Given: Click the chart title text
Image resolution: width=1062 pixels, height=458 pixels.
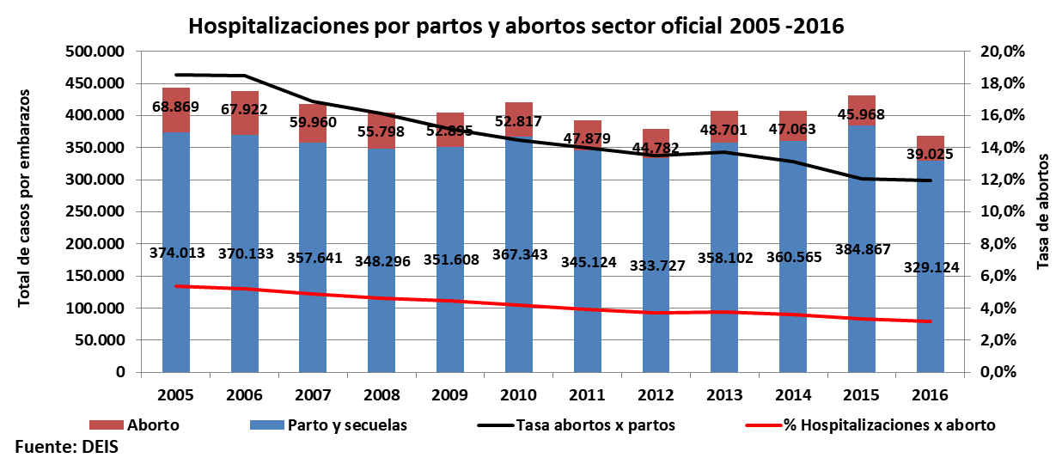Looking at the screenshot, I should point(516,26).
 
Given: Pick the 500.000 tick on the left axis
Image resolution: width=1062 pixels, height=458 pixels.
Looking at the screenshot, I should point(95,52).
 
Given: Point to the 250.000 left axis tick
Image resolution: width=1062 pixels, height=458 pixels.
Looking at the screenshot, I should point(95,212).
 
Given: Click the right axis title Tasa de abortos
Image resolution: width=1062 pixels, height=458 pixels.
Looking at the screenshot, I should point(1044,212).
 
